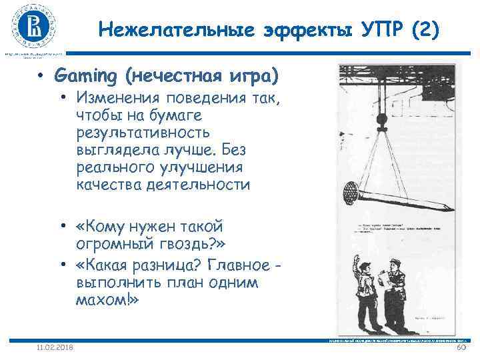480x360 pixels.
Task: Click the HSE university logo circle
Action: pyautogui.click(x=32, y=27)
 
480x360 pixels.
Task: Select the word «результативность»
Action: pyautogui.click(x=143, y=133)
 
